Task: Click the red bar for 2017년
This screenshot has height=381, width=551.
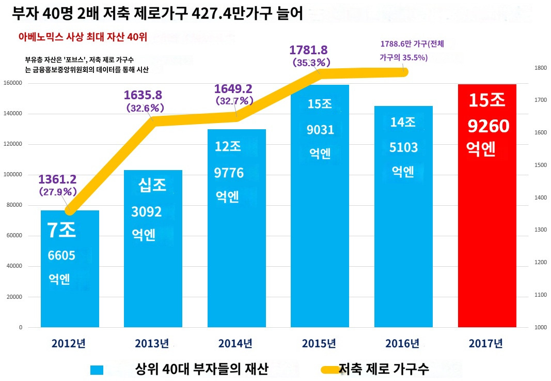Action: [487, 207]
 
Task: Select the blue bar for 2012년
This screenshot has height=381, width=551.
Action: [70, 269]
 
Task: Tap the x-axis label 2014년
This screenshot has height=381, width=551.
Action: [235, 343]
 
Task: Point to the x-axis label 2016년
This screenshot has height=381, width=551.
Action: [402, 343]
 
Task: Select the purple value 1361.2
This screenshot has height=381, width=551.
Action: [57, 179]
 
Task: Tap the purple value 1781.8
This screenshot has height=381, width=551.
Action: [309, 50]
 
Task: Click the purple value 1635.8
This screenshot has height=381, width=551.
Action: [143, 95]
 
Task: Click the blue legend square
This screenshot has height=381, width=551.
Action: [97, 370]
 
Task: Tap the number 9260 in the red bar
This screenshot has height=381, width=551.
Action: [489, 126]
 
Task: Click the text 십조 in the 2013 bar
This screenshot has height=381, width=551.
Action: [152, 186]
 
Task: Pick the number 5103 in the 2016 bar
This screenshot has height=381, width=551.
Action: [403, 147]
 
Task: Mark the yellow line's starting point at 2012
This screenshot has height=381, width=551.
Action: [70, 210]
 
